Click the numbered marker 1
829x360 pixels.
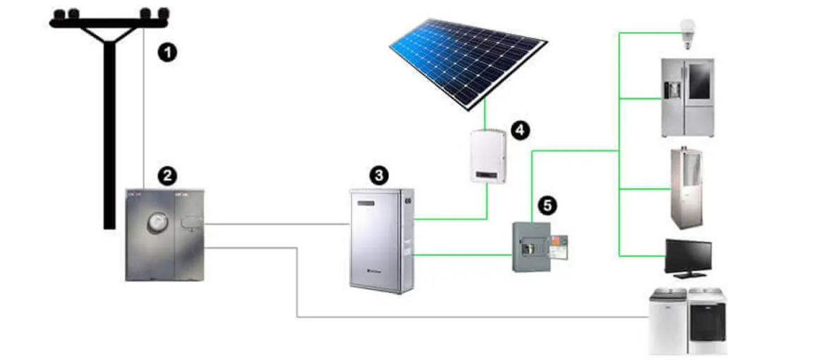click(x=167, y=52)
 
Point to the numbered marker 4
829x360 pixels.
click(x=520, y=130)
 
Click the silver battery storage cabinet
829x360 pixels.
click(x=381, y=239)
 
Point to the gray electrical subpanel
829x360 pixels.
click(x=531, y=248)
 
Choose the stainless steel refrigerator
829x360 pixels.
click(x=687, y=98)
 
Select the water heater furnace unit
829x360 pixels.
click(x=686, y=188)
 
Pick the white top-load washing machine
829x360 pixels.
click(x=667, y=322)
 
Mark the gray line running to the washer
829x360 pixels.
click(x=423, y=317)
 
